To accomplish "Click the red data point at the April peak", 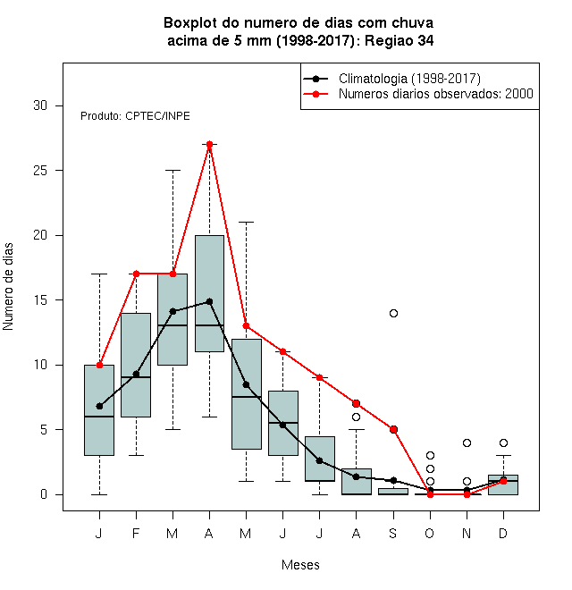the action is point(210,145).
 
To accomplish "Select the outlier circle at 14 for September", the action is point(393,313).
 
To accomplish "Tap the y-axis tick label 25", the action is point(40,171).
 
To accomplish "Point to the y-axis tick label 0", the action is point(44,494).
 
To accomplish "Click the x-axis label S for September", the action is point(393,533).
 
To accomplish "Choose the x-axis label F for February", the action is point(136,533).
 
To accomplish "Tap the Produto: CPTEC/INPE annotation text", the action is point(135,116).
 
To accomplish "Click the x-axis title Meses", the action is point(300,565).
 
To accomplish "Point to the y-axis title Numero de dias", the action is point(8,287).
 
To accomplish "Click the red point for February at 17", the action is point(136,274).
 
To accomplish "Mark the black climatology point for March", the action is point(172,311).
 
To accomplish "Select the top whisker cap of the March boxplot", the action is point(172,171).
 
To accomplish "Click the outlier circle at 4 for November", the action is point(467,442).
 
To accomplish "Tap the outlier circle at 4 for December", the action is point(503,442).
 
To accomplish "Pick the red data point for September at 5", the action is point(393,429).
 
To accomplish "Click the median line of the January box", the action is point(99,417).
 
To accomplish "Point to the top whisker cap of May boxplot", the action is point(246,223).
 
